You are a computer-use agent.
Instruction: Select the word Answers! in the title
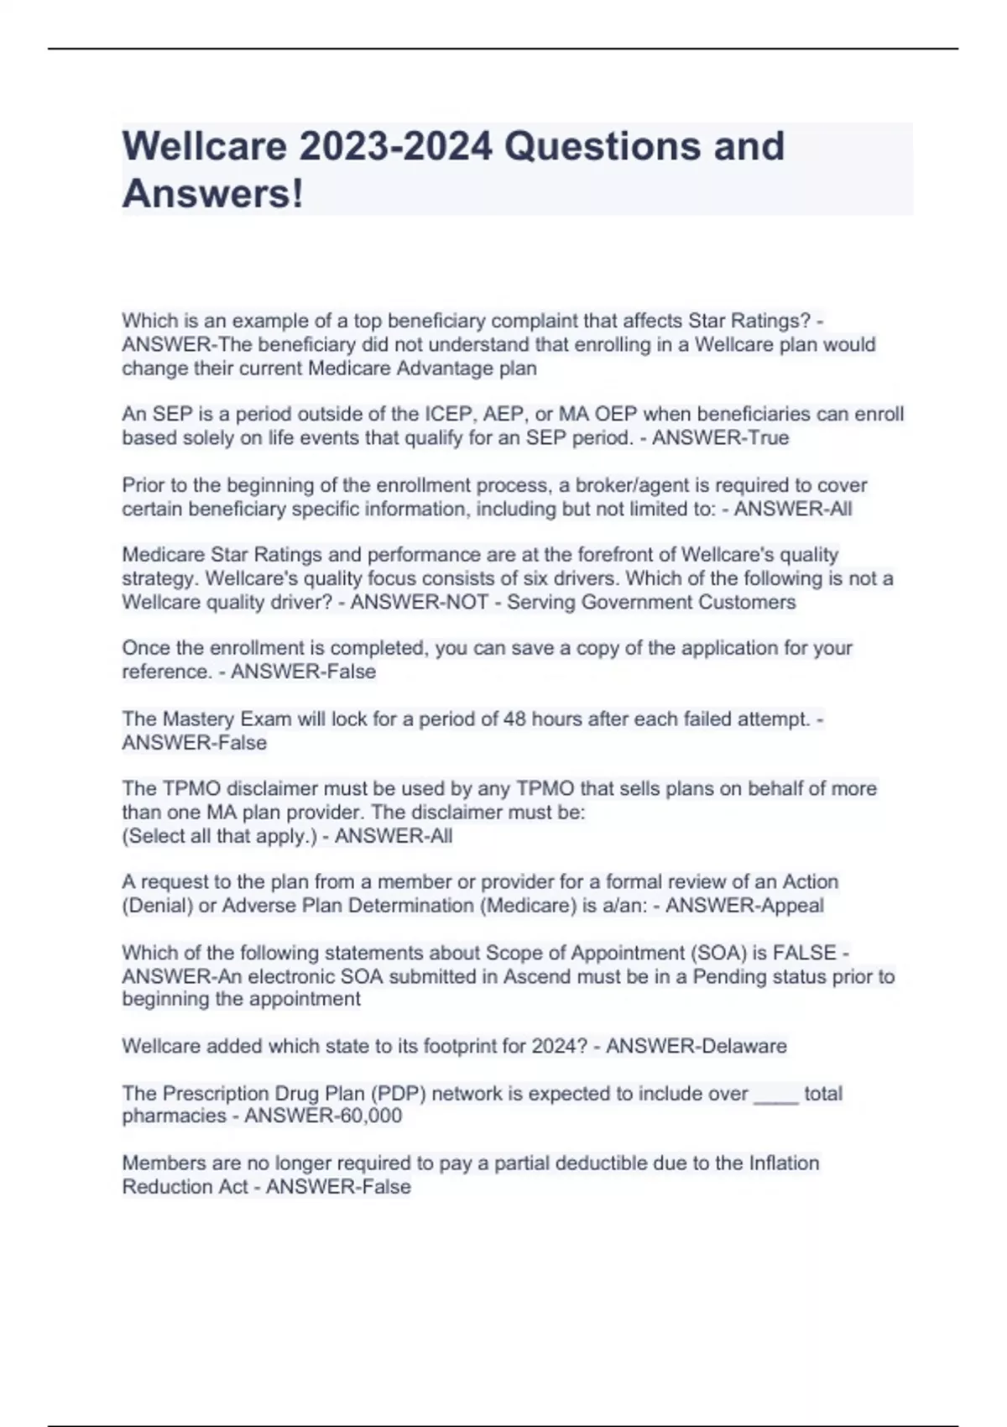tap(212, 194)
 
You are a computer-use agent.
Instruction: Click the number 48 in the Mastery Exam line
tap(514, 719)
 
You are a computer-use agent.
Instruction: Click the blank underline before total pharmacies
tap(776, 1095)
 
